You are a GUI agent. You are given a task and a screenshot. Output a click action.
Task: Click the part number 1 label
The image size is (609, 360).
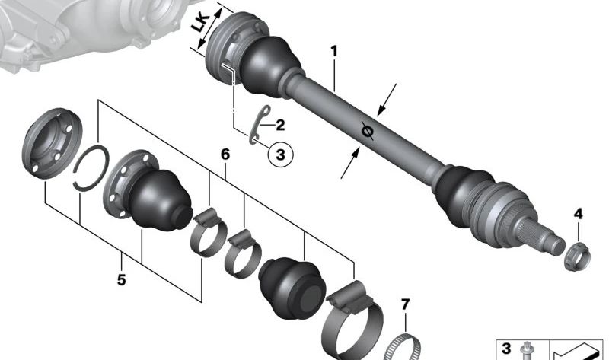point(334,51)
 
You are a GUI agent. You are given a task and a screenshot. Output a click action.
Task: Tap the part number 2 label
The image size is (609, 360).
point(280,125)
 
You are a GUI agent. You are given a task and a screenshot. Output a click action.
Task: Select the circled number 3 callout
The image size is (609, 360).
point(280,155)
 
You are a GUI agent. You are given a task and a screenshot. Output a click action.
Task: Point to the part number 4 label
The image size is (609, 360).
point(579,214)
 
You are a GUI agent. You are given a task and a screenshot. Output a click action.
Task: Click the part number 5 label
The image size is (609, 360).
point(122,279)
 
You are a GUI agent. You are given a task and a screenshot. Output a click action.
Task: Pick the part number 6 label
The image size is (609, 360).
point(225,155)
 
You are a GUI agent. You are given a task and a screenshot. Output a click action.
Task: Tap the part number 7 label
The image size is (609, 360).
point(405,304)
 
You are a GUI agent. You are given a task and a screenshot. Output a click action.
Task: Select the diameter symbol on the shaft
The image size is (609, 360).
point(367,130)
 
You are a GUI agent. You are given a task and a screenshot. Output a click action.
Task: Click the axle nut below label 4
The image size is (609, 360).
point(577,256)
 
